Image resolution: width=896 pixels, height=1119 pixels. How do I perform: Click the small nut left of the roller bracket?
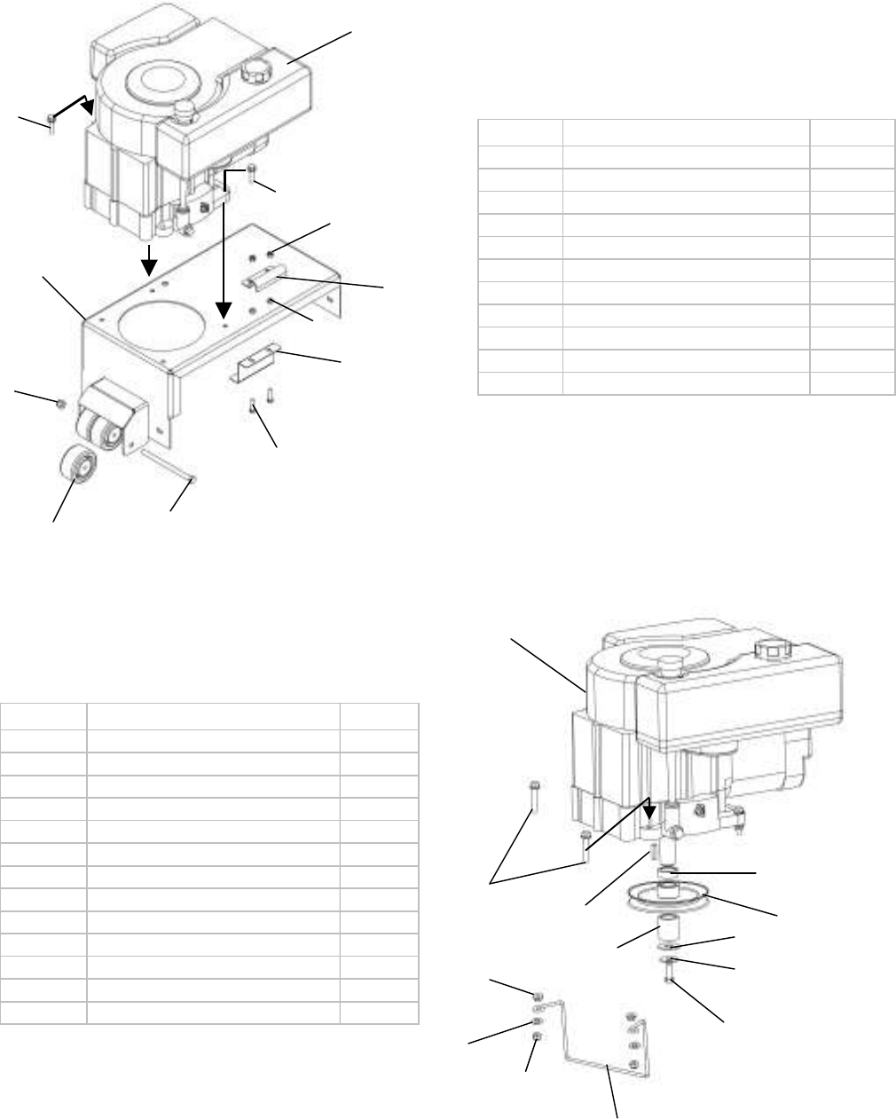(60, 403)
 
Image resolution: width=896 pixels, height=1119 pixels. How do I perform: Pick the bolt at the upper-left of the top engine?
(52, 119)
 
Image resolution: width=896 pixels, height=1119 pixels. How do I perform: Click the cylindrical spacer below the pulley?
(667, 935)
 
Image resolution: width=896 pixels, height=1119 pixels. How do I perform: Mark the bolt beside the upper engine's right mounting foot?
(253, 170)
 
